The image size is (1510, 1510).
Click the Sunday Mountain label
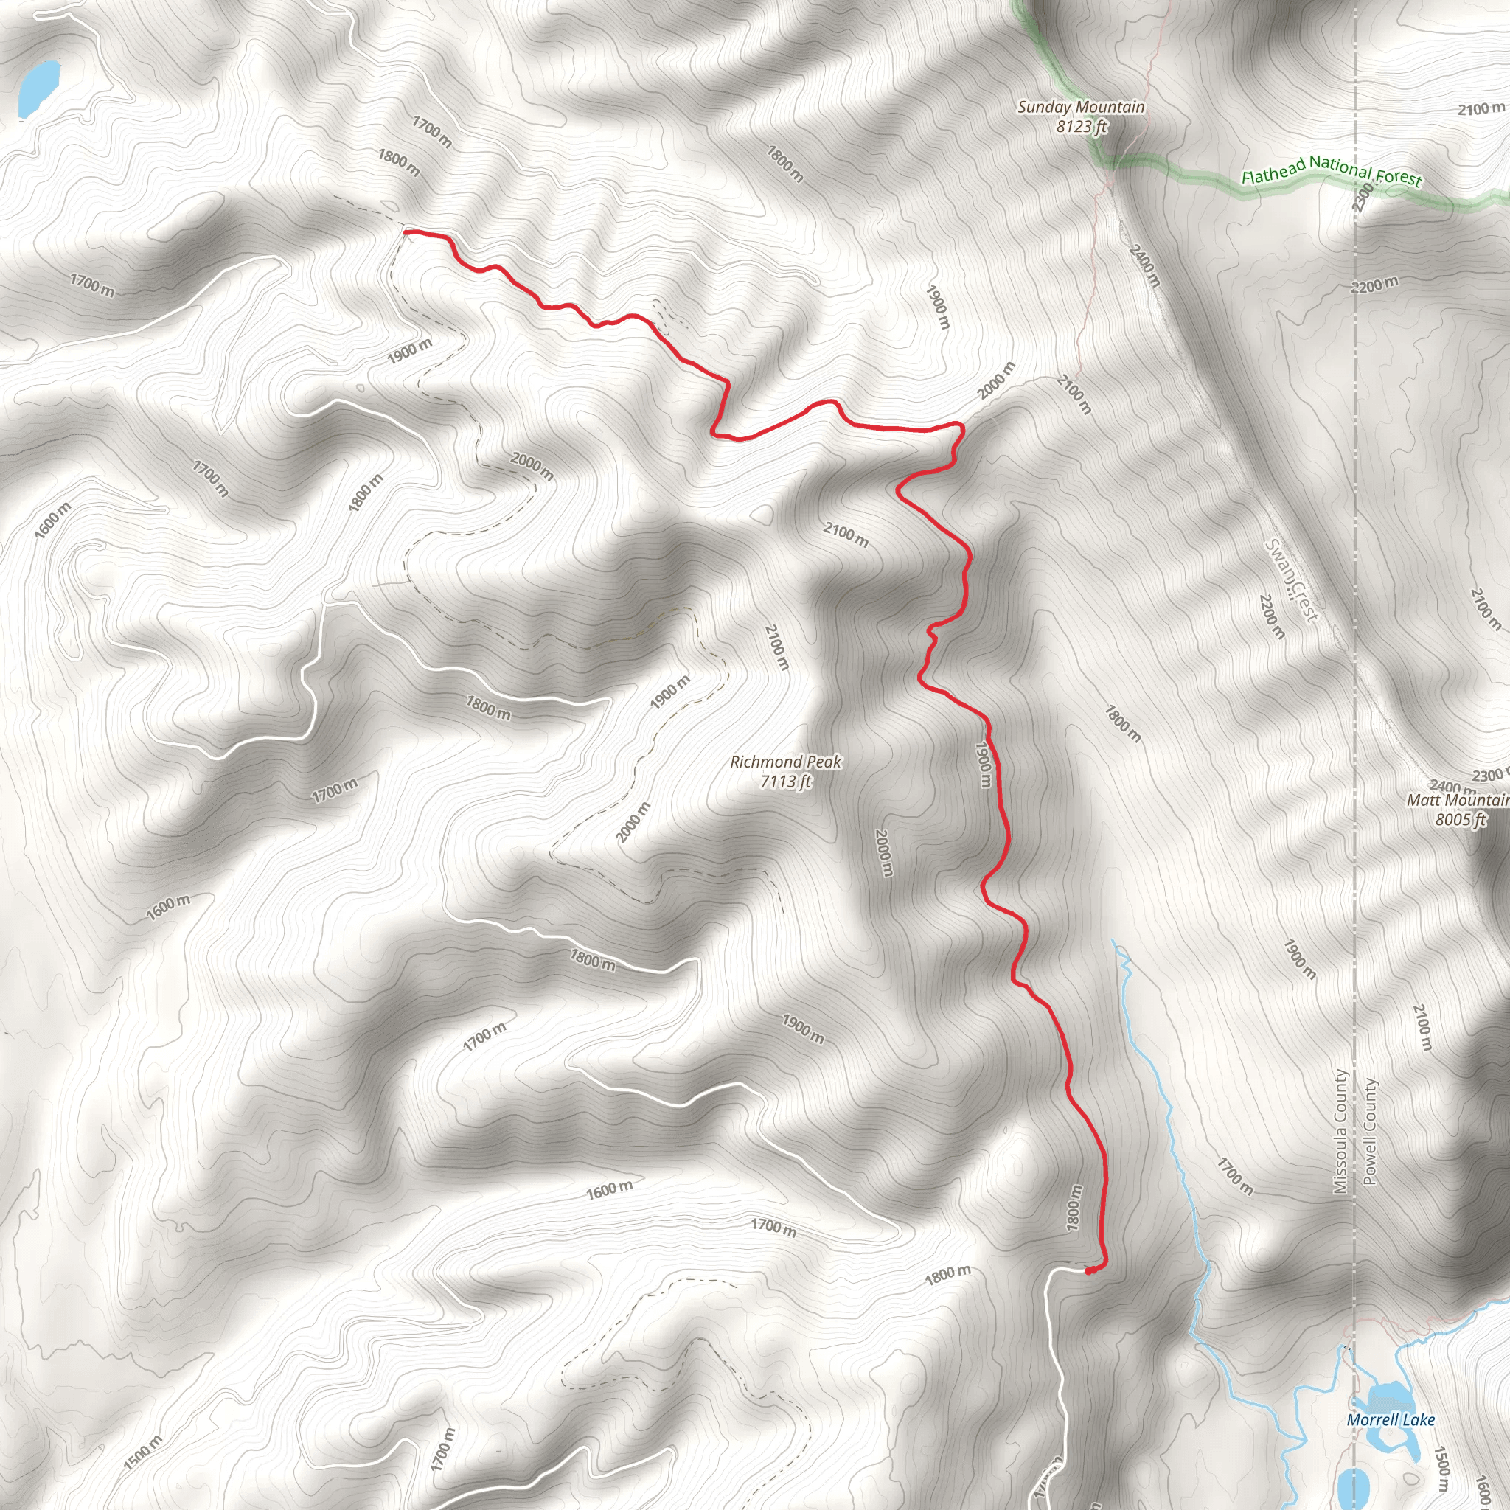pyautogui.click(x=1081, y=107)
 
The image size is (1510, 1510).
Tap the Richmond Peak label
pyautogui.click(x=785, y=761)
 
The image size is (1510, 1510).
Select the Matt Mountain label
pyautogui.click(x=1457, y=800)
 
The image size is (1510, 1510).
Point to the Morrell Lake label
pyautogui.click(x=1391, y=1419)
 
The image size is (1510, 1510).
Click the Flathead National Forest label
pyautogui.click(x=1331, y=170)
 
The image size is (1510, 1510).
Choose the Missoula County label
pyautogui.click(x=1340, y=1132)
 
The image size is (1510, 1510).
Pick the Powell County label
pyautogui.click(x=1369, y=1132)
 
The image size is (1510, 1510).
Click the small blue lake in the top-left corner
pyautogui.click(x=38, y=88)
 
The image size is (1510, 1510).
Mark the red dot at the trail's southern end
pyautogui.click(x=1090, y=1271)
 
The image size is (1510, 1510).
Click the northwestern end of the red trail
pyautogui.click(x=406, y=232)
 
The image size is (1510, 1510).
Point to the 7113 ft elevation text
pyautogui.click(x=786, y=781)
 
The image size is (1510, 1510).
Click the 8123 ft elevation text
pyautogui.click(x=1082, y=126)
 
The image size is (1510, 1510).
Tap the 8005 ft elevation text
pyautogui.click(x=1460, y=819)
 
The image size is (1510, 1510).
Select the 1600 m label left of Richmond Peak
pyautogui.click(x=168, y=907)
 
